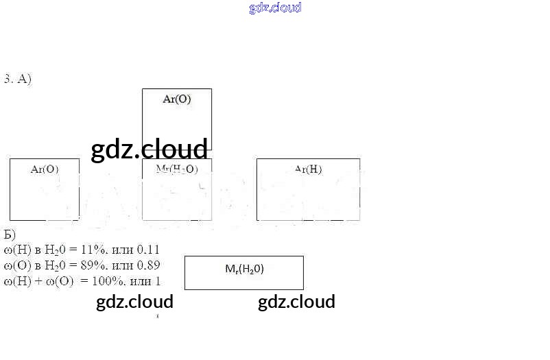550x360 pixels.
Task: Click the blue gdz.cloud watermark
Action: click(x=275, y=8)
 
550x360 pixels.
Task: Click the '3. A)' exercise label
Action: click(x=18, y=79)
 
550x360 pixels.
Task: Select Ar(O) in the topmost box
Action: click(x=177, y=99)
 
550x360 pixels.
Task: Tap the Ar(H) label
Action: click(x=308, y=169)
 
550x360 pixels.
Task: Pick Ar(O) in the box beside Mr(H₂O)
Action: click(x=45, y=169)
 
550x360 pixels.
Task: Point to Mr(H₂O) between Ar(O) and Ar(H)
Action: click(x=177, y=169)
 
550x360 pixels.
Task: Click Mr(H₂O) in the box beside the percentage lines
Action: click(x=244, y=269)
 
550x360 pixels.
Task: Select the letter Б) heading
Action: click(x=10, y=234)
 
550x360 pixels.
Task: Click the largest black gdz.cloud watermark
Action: click(x=149, y=149)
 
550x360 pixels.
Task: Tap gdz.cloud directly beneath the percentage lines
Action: click(x=134, y=302)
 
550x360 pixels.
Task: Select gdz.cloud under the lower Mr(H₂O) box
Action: click(x=296, y=302)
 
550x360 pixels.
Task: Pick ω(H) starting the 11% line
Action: click(x=16, y=250)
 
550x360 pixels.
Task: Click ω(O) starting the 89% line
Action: click(x=16, y=265)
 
